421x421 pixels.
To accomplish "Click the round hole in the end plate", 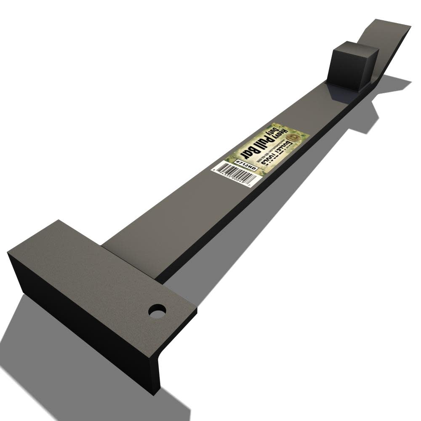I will (157, 311).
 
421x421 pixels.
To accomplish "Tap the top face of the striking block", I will (355, 48).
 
